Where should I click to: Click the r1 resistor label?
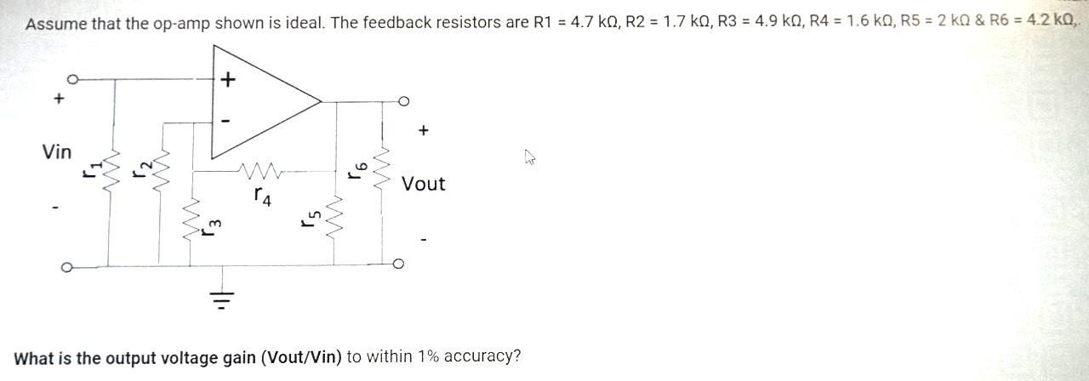pyautogui.click(x=88, y=168)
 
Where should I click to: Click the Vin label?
pyautogui.click(x=57, y=152)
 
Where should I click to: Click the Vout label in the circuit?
pyautogui.click(x=423, y=184)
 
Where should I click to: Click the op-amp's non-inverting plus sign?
pyautogui.click(x=227, y=81)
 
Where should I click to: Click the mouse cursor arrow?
pyautogui.click(x=530, y=156)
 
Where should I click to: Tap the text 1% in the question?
pyautogui.click(x=426, y=357)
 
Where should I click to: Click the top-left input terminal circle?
pyautogui.click(x=73, y=79)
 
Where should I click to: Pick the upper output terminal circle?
pyautogui.click(x=403, y=102)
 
